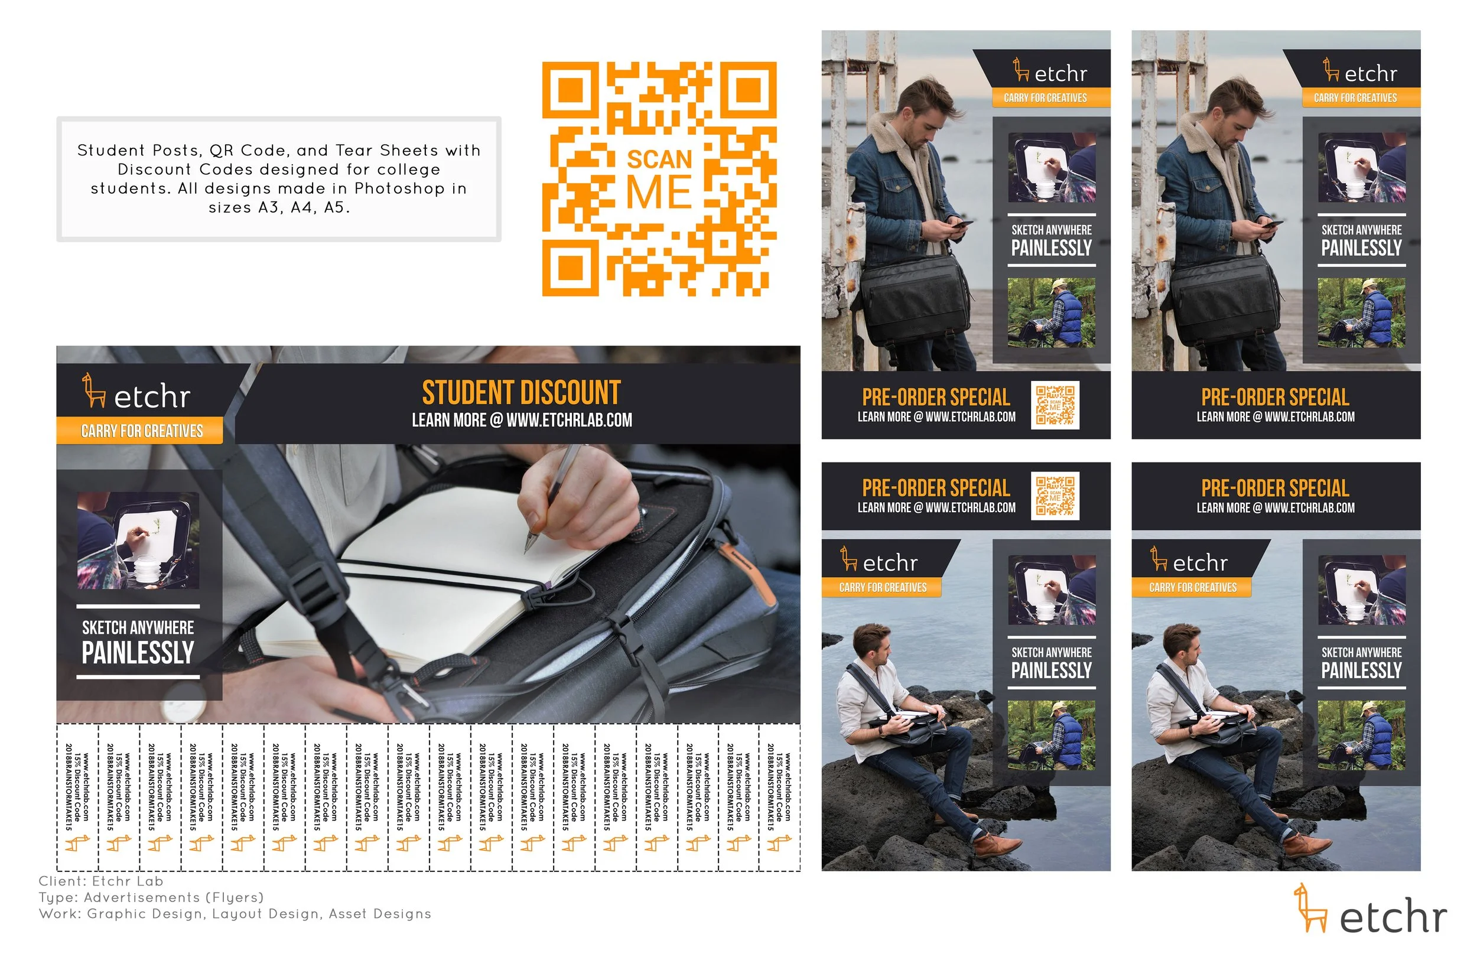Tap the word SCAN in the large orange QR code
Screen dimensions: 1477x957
pyautogui.click(x=659, y=159)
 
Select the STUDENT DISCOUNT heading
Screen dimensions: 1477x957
pyautogui.click(x=521, y=393)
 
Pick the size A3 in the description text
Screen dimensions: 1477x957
pyautogui.click(x=269, y=207)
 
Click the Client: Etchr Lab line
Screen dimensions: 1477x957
pyautogui.click(x=101, y=881)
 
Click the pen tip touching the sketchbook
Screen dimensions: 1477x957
pyautogui.click(x=526, y=551)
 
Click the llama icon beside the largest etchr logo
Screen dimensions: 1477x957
pyautogui.click(x=1309, y=907)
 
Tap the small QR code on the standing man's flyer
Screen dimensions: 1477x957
pyautogui.click(x=1055, y=405)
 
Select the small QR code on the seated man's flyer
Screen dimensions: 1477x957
pyautogui.click(x=1055, y=496)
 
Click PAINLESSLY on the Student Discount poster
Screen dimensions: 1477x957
pyautogui.click(x=138, y=652)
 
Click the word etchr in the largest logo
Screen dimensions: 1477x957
pyautogui.click(x=1394, y=916)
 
